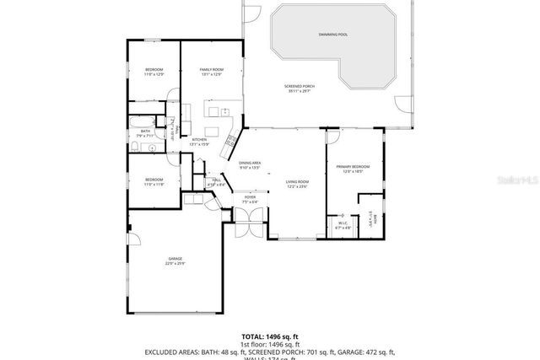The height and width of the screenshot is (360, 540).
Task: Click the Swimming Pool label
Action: point(332,35)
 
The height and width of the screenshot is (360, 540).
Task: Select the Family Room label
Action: point(211,69)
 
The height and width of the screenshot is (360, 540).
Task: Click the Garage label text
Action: point(175,258)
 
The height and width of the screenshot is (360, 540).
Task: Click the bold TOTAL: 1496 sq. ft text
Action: point(269,336)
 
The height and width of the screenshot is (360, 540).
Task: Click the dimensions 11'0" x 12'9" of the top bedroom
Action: point(153,75)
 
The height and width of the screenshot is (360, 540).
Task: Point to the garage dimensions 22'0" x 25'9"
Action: point(175,264)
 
